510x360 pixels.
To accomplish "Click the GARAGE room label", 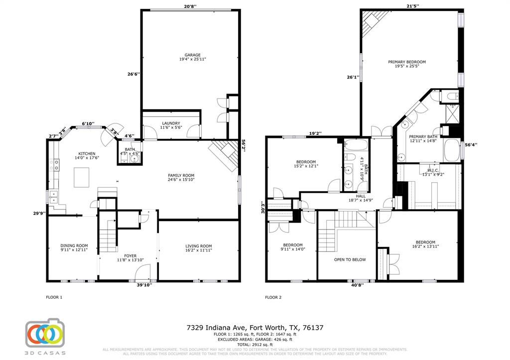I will (x=192, y=55).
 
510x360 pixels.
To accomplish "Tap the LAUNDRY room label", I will (x=171, y=123).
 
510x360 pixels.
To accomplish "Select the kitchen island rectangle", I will (x=82, y=177).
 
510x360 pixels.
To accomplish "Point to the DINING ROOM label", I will (x=74, y=245).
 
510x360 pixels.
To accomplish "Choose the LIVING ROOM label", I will (x=199, y=245).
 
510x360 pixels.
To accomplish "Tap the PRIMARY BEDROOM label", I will (x=407, y=62).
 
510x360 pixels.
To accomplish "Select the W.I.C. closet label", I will (x=429, y=171).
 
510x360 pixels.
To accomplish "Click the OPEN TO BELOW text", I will (x=350, y=259).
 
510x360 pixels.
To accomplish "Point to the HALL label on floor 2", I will (x=354, y=196).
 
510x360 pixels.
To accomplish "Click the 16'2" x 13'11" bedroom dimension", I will (x=425, y=246).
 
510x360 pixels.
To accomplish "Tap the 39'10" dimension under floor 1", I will (x=144, y=285).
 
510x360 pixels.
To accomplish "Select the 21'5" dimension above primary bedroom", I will (x=412, y=6).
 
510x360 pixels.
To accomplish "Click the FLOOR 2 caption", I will (x=273, y=297).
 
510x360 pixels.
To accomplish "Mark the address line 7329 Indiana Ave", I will (x=255, y=328).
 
